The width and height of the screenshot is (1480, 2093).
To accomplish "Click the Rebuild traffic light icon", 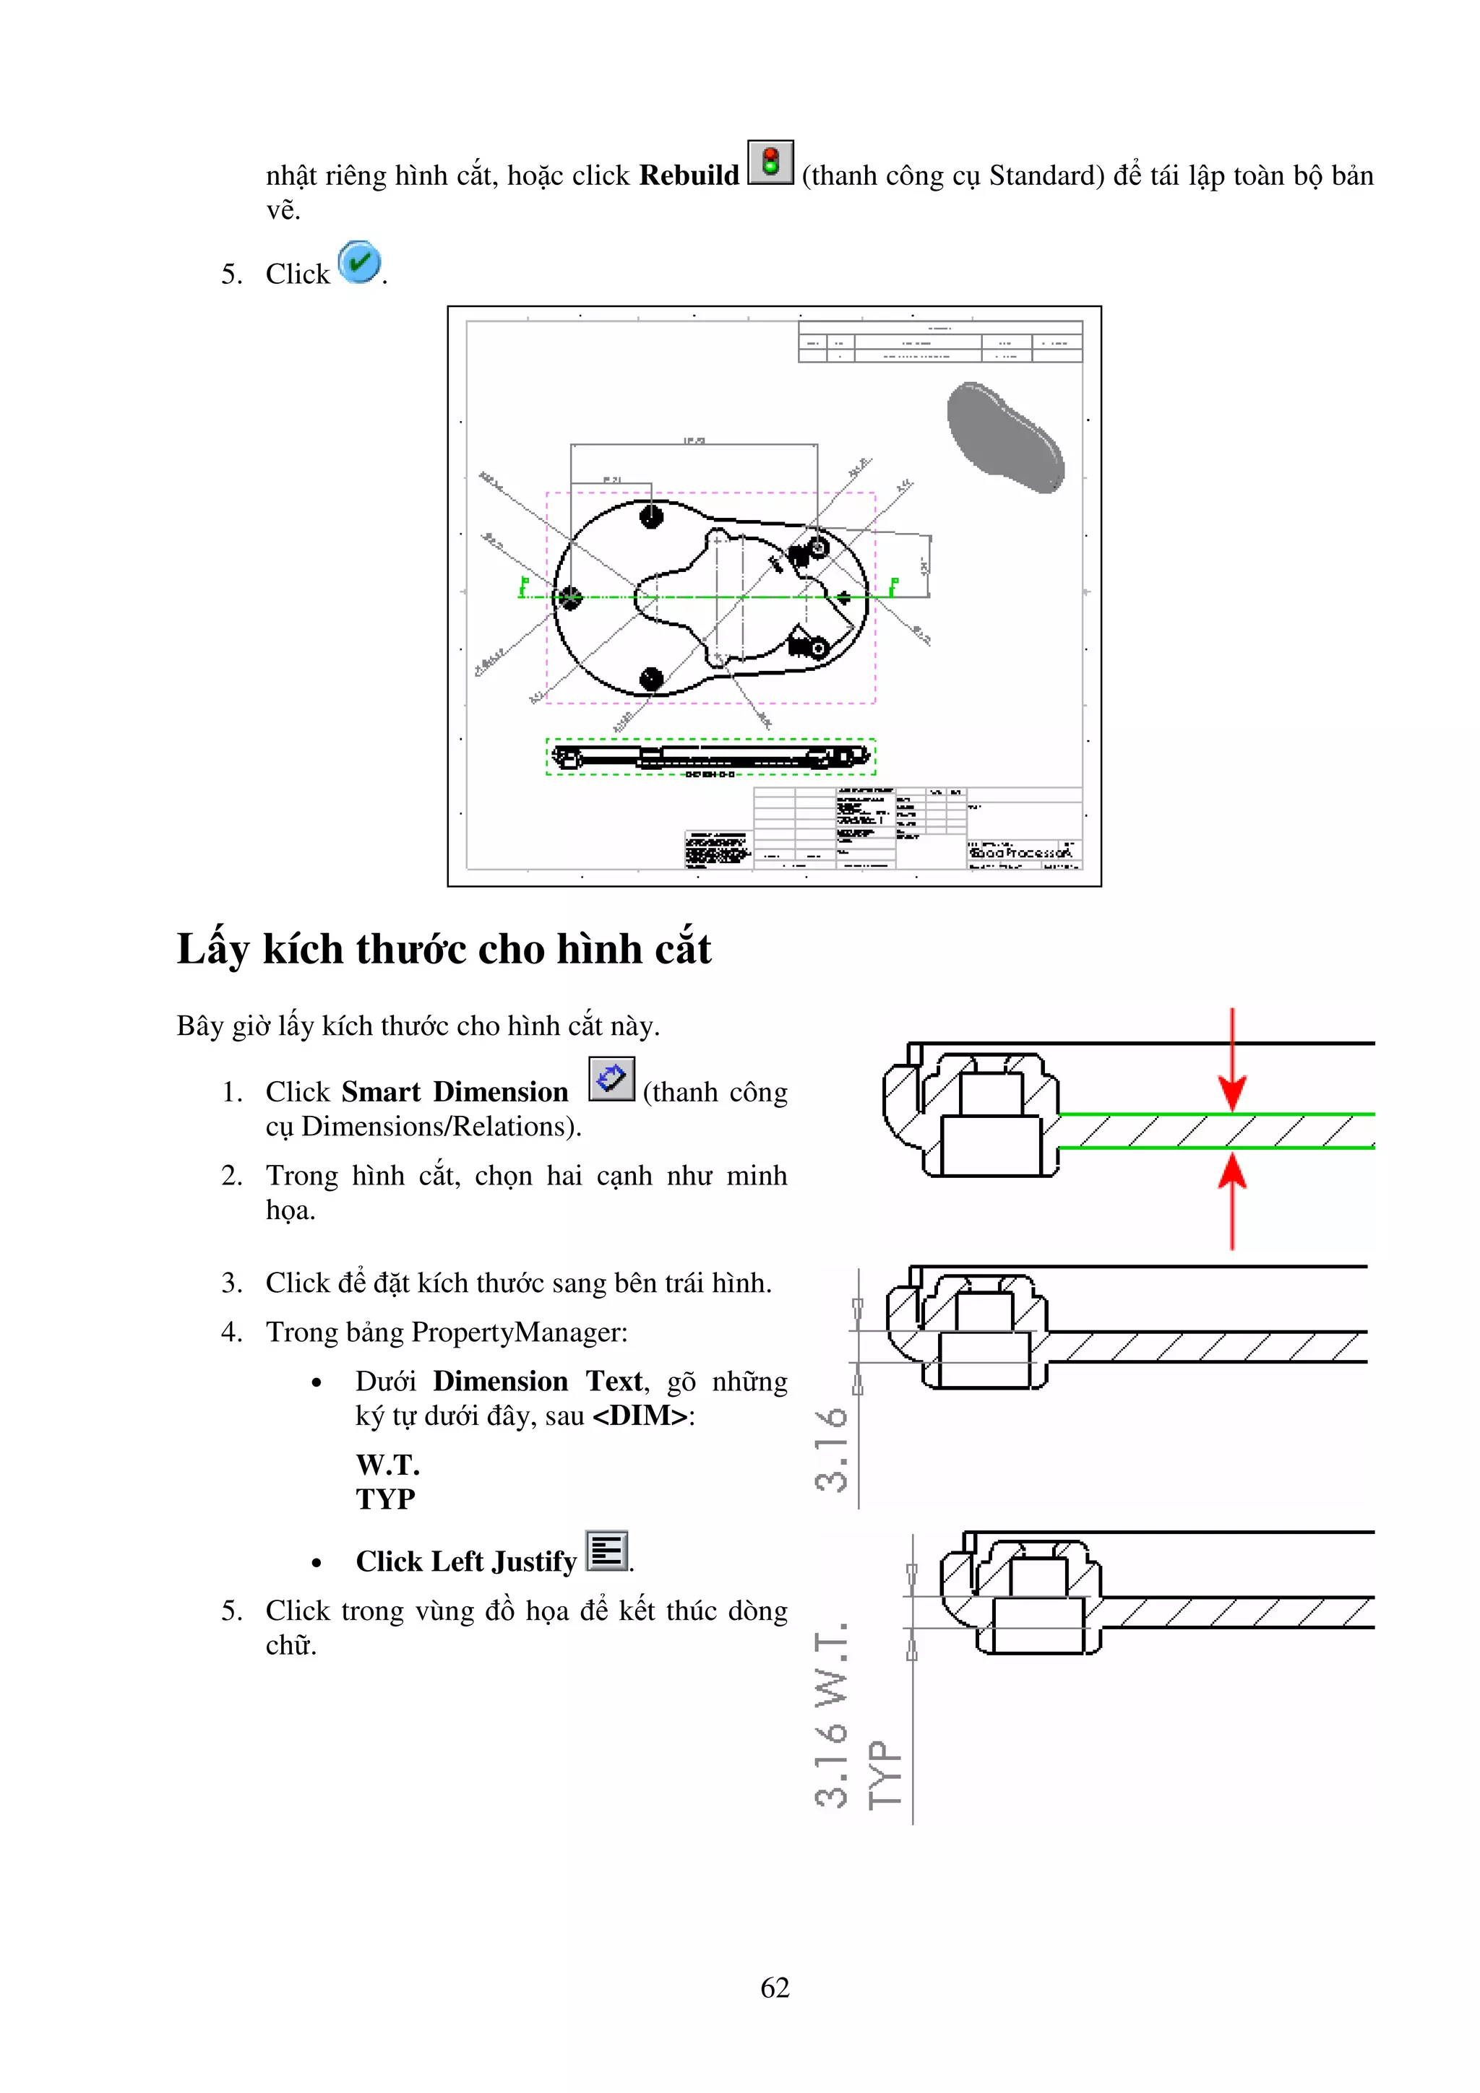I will tap(770, 162).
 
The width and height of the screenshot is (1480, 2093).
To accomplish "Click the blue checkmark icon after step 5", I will tap(359, 264).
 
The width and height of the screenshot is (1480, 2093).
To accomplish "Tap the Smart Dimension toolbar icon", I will tap(611, 1079).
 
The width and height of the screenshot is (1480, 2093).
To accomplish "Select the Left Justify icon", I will tap(606, 1551).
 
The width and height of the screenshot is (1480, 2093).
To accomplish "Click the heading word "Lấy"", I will tap(212, 949).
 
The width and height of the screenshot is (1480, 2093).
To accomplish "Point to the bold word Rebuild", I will tap(689, 175).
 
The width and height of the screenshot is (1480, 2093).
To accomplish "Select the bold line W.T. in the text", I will tap(387, 1465).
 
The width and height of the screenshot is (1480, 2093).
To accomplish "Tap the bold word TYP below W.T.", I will tap(385, 1499).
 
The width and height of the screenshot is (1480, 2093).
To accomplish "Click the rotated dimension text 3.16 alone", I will tap(832, 1449).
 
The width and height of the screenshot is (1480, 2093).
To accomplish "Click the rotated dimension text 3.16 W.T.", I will tap(832, 1714).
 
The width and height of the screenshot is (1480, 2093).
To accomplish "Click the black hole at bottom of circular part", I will tap(651, 678).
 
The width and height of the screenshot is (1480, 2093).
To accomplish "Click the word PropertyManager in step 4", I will tap(518, 1332).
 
